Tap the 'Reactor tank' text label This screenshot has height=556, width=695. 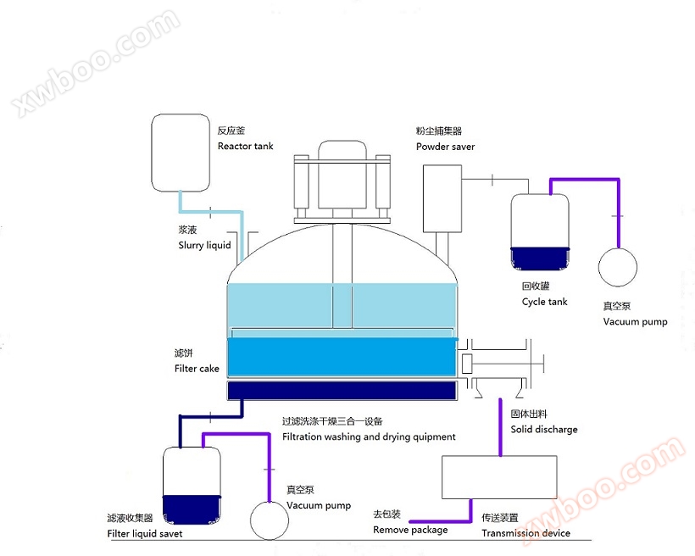coord(245,146)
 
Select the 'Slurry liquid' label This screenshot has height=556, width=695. coord(204,246)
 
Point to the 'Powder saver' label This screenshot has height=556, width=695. coord(445,147)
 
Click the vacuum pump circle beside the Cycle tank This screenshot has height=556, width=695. coord(618,266)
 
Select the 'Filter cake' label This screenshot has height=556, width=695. coord(197,369)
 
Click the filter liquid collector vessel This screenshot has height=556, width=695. coord(192,484)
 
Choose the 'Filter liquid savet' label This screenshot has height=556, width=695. coord(145,534)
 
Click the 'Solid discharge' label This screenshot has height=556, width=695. coord(544,430)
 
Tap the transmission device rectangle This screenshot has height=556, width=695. coord(499,477)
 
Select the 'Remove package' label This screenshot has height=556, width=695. coord(410,530)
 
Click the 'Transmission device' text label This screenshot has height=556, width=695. coord(525,533)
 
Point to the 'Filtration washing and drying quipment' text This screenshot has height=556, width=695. coord(369,436)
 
